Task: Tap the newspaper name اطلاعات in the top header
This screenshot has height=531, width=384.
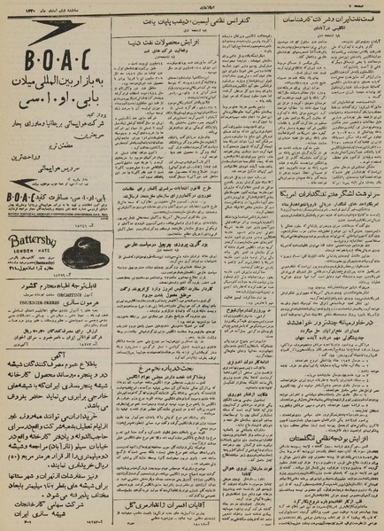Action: pos(193,5)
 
